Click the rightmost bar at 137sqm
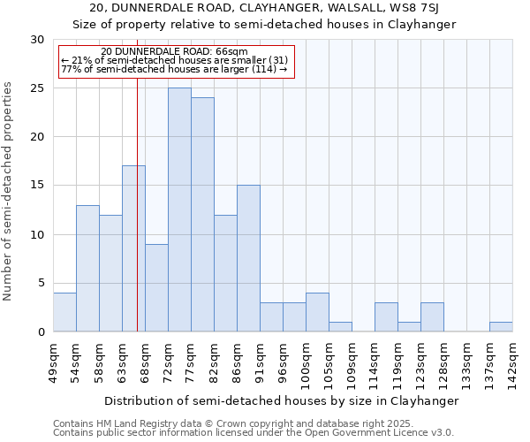[x=501, y=326]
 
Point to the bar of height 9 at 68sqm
[x=156, y=287]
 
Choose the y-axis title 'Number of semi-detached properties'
[x=9, y=191]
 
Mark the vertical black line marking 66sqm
[x=137, y=203]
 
